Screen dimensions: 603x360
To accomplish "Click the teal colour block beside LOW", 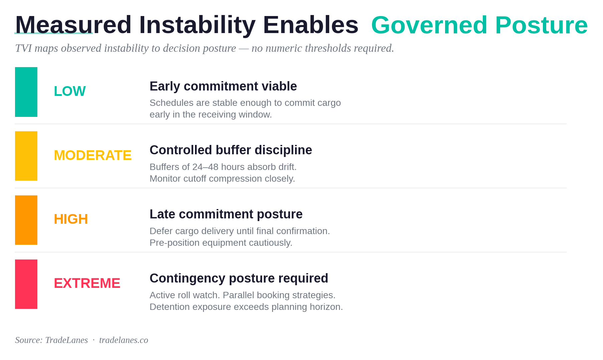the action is pyautogui.click(x=26, y=92).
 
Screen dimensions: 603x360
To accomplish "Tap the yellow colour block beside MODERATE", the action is pyautogui.click(x=26, y=156).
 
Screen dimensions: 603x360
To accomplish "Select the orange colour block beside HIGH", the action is pyautogui.click(x=26, y=220).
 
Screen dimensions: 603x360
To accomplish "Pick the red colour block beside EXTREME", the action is pyautogui.click(x=26, y=284).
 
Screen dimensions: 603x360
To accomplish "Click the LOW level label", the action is pyautogui.click(x=70, y=91).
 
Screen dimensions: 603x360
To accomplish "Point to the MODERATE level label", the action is pyautogui.click(x=92, y=155).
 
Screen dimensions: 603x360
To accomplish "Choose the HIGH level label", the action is pyautogui.click(x=71, y=219).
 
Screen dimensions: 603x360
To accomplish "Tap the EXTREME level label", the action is pyautogui.click(x=87, y=284).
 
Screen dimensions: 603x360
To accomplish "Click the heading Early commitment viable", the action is pyautogui.click(x=223, y=86).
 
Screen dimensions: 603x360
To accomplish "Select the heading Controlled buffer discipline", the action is pyautogui.click(x=231, y=150).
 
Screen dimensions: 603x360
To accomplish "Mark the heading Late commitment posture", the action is pyautogui.click(x=226, y=214).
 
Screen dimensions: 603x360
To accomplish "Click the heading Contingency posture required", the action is pyautogui.click(x=239, y=279).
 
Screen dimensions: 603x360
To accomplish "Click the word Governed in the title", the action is pyautogui.click(x=429, y=25).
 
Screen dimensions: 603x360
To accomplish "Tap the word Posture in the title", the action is pyautogui.click(x=541, y=25).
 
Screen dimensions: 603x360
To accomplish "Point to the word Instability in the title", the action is pyautogui.click(x=197, y=25).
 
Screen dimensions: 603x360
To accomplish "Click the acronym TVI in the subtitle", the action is pyautogui.click(x=23, y=48).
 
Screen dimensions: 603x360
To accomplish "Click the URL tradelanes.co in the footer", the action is pyautogui.click(x=124, y=340).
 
